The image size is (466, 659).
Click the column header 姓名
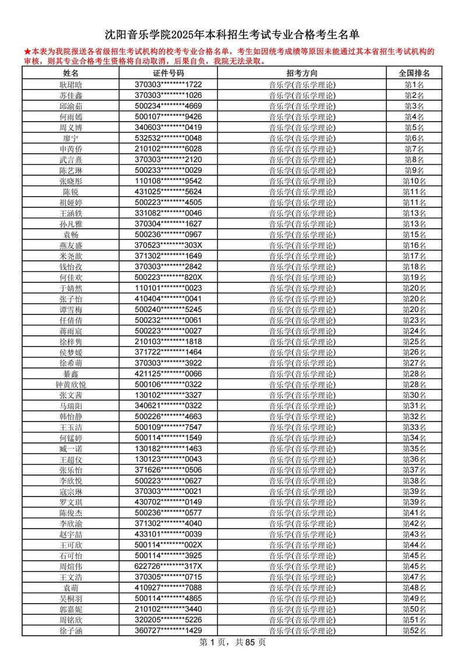pyautogui.click(x=70, y=73)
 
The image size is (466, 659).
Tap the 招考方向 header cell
pyautogui.click(x=302, y=73)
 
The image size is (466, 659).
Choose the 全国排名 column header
pyautogui.click(x=415, y=73)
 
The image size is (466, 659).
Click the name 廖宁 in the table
pyautogui.click(x=70, y=138)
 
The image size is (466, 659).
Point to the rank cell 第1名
pyautogui.click(x=415, y=84)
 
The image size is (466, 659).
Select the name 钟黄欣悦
pyautogui.click(x=70, y=384)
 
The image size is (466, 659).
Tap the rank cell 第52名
pyautogui.click(x=415, y=630)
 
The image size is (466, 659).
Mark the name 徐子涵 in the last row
pyautogui.click(x=70, y=630)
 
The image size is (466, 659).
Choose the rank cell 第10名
pyautogui.click(x=415, y=181)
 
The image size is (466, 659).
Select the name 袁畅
pyautogui.click(x=70, y=235)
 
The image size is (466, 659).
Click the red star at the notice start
pyautogui.click(x=27, y=52)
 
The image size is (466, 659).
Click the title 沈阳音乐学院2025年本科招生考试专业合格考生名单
pyautogui.click(x=232, y=34)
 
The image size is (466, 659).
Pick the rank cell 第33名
pyautogui.click(x=415, y=427)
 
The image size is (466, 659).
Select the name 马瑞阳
pyautogui.click(x=70, y=406)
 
